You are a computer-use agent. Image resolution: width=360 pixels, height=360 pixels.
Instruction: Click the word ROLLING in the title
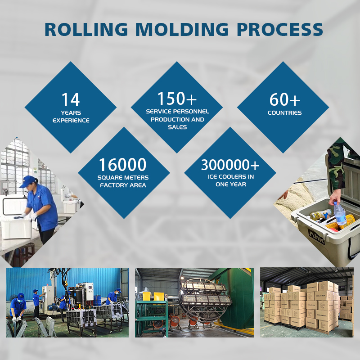coord(86,29)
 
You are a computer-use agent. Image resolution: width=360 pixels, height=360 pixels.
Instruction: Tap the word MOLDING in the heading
coord(182,29)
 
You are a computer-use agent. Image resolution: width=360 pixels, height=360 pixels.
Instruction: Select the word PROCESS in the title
coord(280,29)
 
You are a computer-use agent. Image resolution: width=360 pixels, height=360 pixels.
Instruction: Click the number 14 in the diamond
coord(71,99)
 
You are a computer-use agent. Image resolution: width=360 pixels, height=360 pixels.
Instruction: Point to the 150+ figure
coord(177,99)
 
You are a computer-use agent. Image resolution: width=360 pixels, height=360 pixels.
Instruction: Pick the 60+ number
coord(285,99)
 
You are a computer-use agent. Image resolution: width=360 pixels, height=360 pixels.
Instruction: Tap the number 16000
coord(122,165)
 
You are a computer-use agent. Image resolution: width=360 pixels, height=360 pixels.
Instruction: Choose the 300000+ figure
coord(230,165)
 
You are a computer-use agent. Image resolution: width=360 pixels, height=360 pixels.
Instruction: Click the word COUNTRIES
coord(285,113)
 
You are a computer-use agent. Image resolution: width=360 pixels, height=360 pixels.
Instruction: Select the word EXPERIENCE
coord(71,120)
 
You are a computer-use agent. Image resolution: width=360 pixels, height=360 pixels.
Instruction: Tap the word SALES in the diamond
coord(177,127)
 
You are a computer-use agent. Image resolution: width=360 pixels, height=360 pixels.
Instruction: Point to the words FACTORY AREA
coord(123,185)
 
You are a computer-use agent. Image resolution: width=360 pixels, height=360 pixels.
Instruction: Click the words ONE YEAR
coord(231,184)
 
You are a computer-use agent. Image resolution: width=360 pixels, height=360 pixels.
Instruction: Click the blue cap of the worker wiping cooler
coord(28,181)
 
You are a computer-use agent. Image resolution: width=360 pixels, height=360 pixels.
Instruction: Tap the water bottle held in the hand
coord(340,213)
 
